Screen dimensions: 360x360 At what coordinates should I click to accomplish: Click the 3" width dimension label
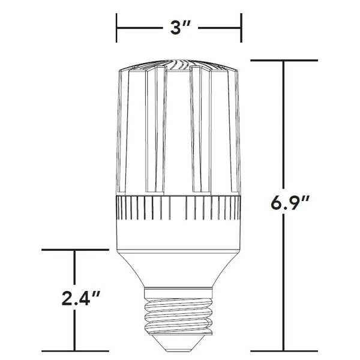179,28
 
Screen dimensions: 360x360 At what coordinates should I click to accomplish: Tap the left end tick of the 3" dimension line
117,28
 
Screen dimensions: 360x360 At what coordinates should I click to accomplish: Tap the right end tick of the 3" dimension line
241,28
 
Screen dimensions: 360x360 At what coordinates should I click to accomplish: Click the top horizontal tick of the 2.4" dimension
74,250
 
